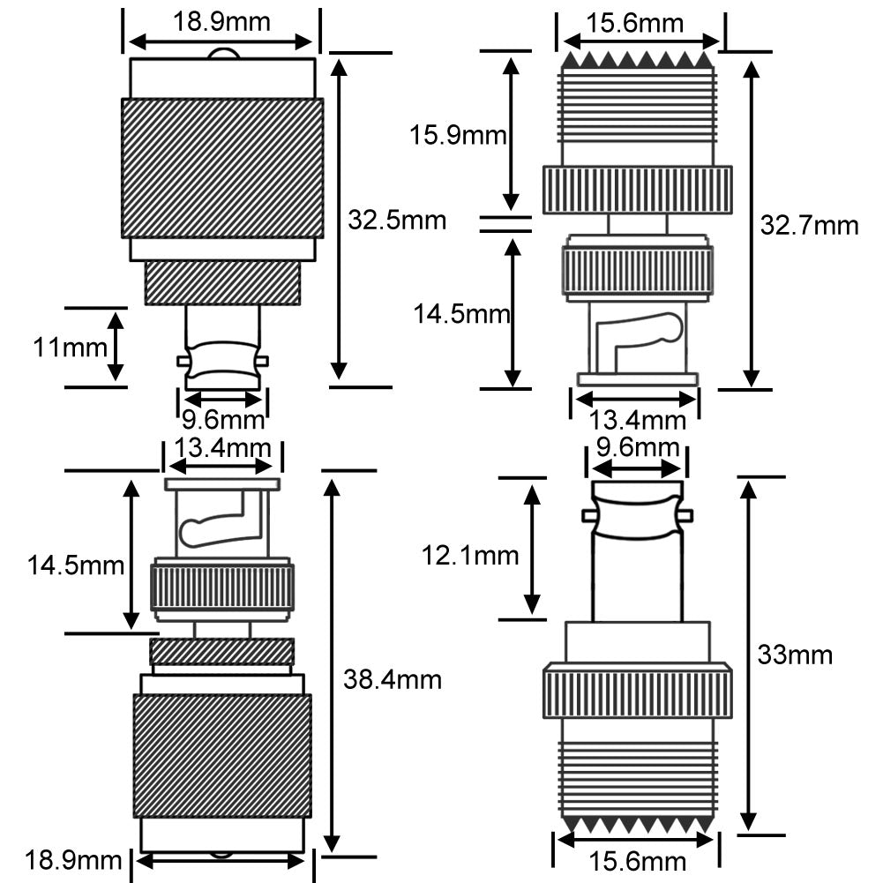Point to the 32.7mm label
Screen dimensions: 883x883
pyautogui.click(x=809, y=226)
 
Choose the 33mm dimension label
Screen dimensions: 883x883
pyautogui.click(x=795, y=655)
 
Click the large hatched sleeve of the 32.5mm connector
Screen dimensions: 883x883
pyautogui.click(x=221, y=168)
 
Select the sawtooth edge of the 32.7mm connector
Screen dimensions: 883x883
pyautogui.click(x=637, y=60)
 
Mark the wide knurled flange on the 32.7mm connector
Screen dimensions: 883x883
pyautogui.click(x=637, y=190)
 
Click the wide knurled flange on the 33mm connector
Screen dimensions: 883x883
pyautogui.click(x=637, y=691)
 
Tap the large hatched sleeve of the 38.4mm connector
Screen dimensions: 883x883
pyautogui.click(x=221, y=755)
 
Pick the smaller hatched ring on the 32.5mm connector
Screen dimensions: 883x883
pyautogui.click(x=222, y=283)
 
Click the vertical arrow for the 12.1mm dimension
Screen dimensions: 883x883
pyautogui.click(x=532, y=548)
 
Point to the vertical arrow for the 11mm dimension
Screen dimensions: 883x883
pyautogui.click(x=116, y=347)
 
